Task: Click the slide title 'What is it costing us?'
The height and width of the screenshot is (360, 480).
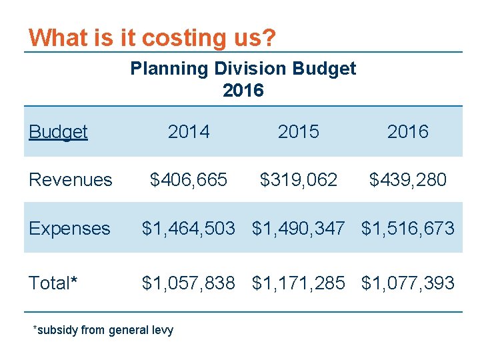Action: point(152,37)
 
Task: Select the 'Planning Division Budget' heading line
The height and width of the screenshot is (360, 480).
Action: point(243,69)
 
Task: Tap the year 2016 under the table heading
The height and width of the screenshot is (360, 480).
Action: point(243,90)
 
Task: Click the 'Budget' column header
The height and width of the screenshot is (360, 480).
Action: point(58,132)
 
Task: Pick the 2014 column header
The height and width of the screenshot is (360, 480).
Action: point(189,132)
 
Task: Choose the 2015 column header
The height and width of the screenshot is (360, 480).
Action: point(298,132)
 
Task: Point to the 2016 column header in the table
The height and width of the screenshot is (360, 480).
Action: point(407,132)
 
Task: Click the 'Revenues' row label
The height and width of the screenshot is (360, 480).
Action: point(70,180)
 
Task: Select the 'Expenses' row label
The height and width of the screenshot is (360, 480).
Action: point(69,229)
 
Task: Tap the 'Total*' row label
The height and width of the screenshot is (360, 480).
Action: point(53,283)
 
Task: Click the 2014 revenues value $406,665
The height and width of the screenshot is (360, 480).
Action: point(189,180)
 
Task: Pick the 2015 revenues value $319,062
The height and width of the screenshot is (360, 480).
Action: point(298,180)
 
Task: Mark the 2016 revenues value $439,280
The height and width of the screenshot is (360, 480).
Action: point(407,180)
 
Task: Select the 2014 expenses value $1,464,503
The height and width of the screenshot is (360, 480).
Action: point(189,229)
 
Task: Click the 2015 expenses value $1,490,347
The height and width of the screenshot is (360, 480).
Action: point(298,229)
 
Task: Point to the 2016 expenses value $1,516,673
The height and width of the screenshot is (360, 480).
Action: point(407,229)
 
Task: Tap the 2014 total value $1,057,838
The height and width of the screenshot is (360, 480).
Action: point(189,283)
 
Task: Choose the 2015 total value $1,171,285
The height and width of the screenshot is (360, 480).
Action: point(298,283)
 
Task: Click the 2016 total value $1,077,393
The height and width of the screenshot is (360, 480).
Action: point(407,283)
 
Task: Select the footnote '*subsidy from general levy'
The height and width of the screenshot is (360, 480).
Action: point(103,330)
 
